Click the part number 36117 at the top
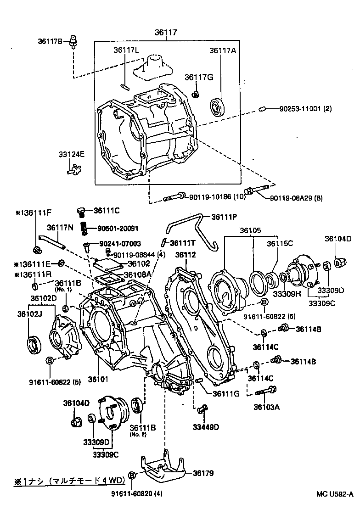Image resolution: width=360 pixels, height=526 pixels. [166, 33]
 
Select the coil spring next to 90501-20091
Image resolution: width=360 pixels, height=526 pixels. [84, 228]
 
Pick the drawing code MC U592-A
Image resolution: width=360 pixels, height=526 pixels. [334, 494]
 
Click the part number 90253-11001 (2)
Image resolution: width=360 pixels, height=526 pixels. [305, 109]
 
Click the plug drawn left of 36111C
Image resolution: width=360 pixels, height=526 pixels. [81, 212]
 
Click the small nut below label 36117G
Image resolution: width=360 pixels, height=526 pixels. [195, 95]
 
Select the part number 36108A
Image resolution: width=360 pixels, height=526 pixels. [139, 274]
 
